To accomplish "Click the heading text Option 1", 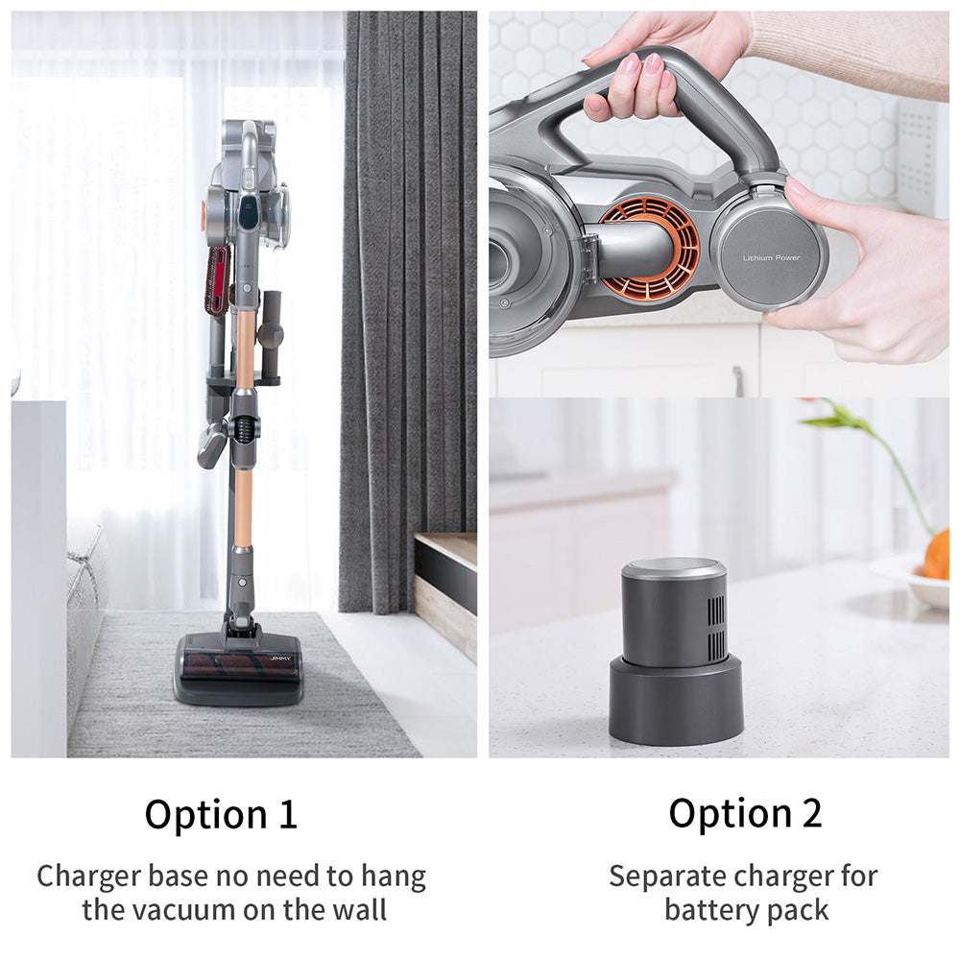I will [221, 814].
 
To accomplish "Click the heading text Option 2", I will [745, 813].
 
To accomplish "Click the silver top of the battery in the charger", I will [674, 568].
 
